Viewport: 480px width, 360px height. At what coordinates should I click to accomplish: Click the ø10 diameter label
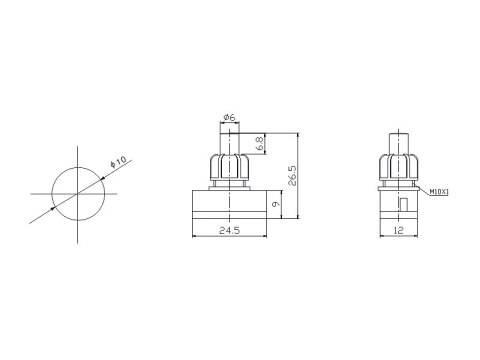point(118,162)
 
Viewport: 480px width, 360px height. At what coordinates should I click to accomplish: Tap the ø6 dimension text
point(229,117)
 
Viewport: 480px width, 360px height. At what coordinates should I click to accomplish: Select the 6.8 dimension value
point(260,144)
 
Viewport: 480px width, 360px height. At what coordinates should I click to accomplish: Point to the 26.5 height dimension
point(292,176)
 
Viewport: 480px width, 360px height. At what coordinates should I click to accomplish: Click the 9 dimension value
point(276,204)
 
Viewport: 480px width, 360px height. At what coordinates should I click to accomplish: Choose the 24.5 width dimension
point(229,230)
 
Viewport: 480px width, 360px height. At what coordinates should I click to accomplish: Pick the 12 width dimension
point(399,230)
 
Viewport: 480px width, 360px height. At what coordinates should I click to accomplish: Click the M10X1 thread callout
point(439,192)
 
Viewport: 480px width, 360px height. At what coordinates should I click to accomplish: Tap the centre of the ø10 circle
point(78,194)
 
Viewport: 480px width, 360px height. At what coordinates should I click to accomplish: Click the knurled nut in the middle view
point(230,167)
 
